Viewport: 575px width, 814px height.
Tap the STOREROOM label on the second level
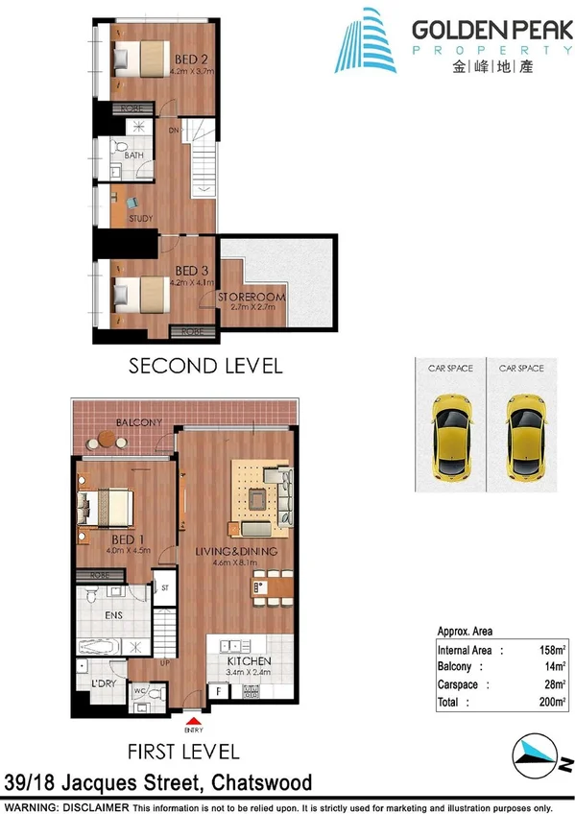[252, 299]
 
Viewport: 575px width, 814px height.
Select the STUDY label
[140, 219]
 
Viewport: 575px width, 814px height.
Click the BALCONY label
[138, 423]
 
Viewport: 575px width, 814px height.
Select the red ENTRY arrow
[195, 717]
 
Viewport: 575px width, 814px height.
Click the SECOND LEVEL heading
[204, 366]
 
